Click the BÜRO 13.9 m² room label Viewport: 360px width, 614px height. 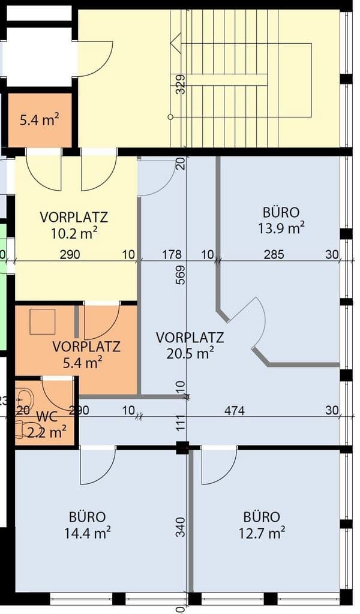coord(281,220)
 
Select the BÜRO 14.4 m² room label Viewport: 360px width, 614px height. coord(88,524)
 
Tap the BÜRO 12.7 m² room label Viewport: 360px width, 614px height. coord(262,524)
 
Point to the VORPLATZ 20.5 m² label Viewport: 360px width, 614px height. coord(190,345)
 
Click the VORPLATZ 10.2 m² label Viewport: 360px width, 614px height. coord(74,224)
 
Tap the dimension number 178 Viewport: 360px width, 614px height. coord(172,255)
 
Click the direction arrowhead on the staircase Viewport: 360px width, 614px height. coord(175,43)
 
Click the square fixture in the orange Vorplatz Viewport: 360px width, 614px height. coord(42,321)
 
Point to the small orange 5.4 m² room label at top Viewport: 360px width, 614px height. coord(39,120)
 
